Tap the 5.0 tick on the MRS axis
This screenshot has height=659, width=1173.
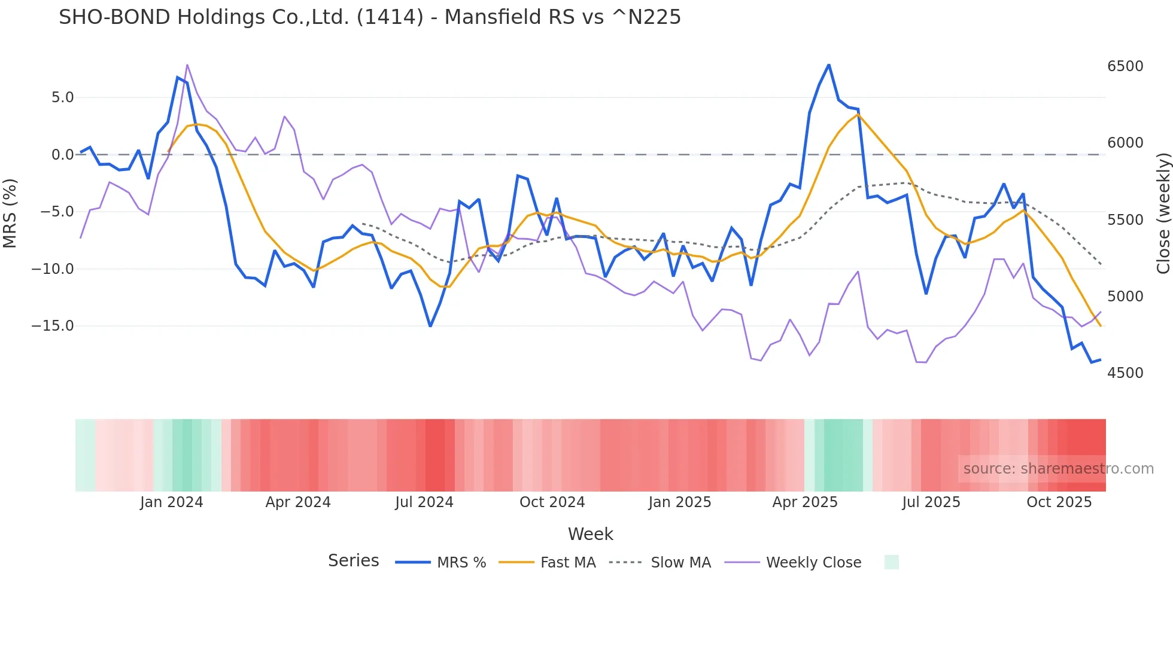62,97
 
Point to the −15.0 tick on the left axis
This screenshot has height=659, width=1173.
53,326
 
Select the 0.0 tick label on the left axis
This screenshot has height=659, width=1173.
62,155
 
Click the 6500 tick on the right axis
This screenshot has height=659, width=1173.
1125,66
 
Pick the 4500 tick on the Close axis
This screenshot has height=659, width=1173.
1125,373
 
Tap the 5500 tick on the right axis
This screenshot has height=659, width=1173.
1125,220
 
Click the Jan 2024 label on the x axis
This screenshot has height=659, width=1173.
172,502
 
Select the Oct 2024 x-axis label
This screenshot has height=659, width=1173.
552,502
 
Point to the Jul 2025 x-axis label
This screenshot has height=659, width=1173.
931,502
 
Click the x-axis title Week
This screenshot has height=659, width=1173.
590,534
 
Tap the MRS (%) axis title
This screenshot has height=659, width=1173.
10,213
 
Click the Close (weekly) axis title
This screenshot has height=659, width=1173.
1163,213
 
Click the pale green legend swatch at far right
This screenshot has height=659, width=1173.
891,562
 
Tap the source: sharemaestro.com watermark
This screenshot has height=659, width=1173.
1058,469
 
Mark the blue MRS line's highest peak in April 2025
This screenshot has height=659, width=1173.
829,65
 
